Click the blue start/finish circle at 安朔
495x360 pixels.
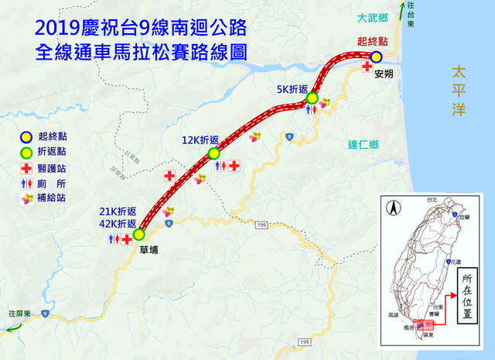pyautogui.click(x=375, y=57)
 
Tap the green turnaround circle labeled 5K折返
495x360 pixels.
pyautogui.click(x=312, y=98)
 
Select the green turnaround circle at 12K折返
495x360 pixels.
pyautogui.click(x=214, y=154)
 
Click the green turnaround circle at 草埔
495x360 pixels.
pyautogui.click(x=139, y=235)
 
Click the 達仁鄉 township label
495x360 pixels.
pyautogui.click(x=364, y=144)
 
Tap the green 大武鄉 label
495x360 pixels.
pyautogui.click(x=372, y=17)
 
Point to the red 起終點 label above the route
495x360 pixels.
pyautogui.click(x=372, y=41)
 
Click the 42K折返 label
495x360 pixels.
pyautogui.click(x=118, y=222)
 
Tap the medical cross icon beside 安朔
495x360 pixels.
pyautogui.click(x=367, y=67)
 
